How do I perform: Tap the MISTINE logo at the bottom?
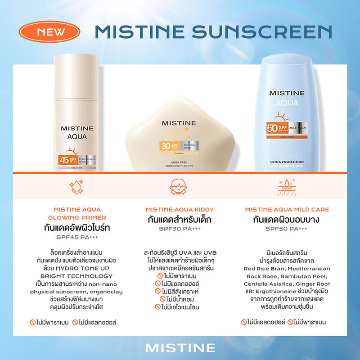click(x=180, y=348)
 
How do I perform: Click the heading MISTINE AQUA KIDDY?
click(x=180, y=210)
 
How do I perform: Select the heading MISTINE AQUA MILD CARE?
click(x=287, y=210)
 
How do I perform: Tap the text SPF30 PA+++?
click(x=180, y=229)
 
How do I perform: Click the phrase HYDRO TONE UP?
click(x=81, y=268)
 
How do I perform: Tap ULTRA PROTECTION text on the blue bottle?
click(x=287, y=162)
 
